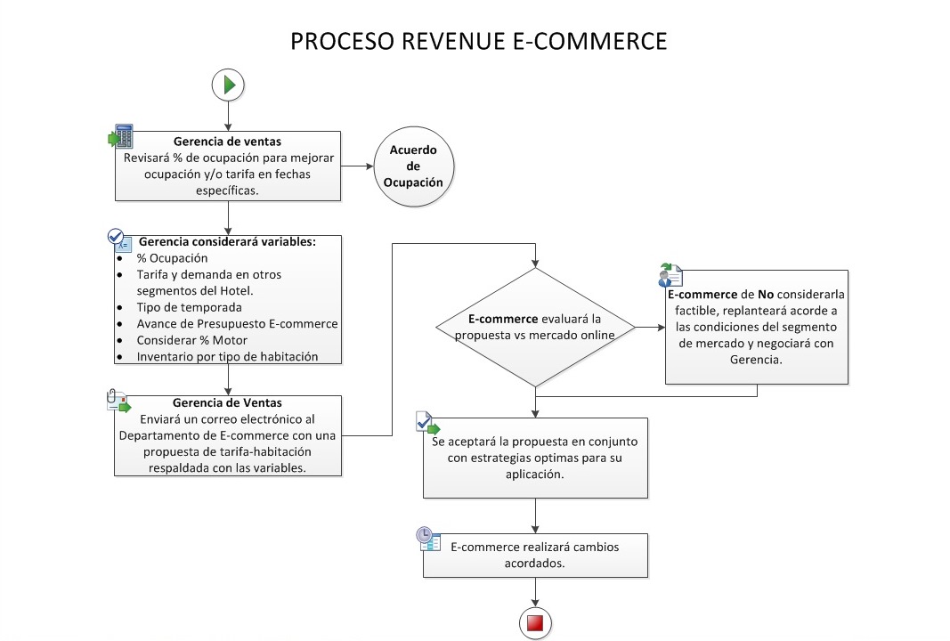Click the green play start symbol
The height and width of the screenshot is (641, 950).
[x=229, y=85]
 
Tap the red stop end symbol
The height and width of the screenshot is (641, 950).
[x=535, y=623]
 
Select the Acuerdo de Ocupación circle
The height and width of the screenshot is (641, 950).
[x=412, y=166]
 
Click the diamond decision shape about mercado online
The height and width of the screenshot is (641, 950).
[x=534, y=327]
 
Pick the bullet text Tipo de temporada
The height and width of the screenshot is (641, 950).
[x=189, y=307]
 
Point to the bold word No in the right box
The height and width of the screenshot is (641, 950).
[x=766, y=293]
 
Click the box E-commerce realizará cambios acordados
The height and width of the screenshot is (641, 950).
[x=534, y=556]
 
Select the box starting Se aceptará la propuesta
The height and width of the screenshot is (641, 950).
[x=535, y=458]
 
